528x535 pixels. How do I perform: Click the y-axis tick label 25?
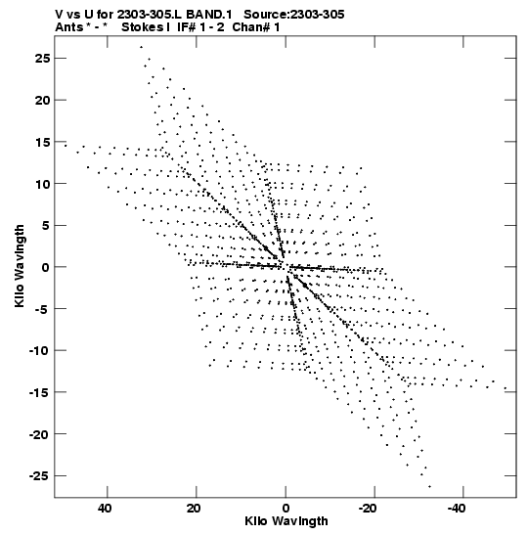pos(42,59)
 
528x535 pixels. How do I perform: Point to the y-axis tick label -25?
pos(39,475)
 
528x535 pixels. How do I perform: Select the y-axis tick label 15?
pos(42,142)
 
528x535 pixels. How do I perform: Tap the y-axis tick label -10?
pos(39,350)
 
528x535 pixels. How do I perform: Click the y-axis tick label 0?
pos(46,267)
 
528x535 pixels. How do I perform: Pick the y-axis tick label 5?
pos(46,226)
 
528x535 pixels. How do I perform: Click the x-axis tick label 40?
pos(105,509)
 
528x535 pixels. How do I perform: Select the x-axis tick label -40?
pos(457,509)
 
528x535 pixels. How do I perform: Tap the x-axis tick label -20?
pos(368,509)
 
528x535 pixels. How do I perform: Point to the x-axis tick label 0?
pos(286,509)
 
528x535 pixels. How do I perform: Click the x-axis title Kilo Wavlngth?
pos(286,522)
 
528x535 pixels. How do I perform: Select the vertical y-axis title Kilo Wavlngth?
pos(20,266)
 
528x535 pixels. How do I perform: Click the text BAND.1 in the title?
pos(209,15)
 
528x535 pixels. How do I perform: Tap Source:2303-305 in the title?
pos(294,15)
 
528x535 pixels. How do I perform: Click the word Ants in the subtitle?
pos(68,27)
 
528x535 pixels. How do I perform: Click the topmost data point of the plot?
pos(141,47)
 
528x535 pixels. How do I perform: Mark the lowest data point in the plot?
pos(430,486)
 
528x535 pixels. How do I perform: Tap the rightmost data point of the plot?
pos(506,388)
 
